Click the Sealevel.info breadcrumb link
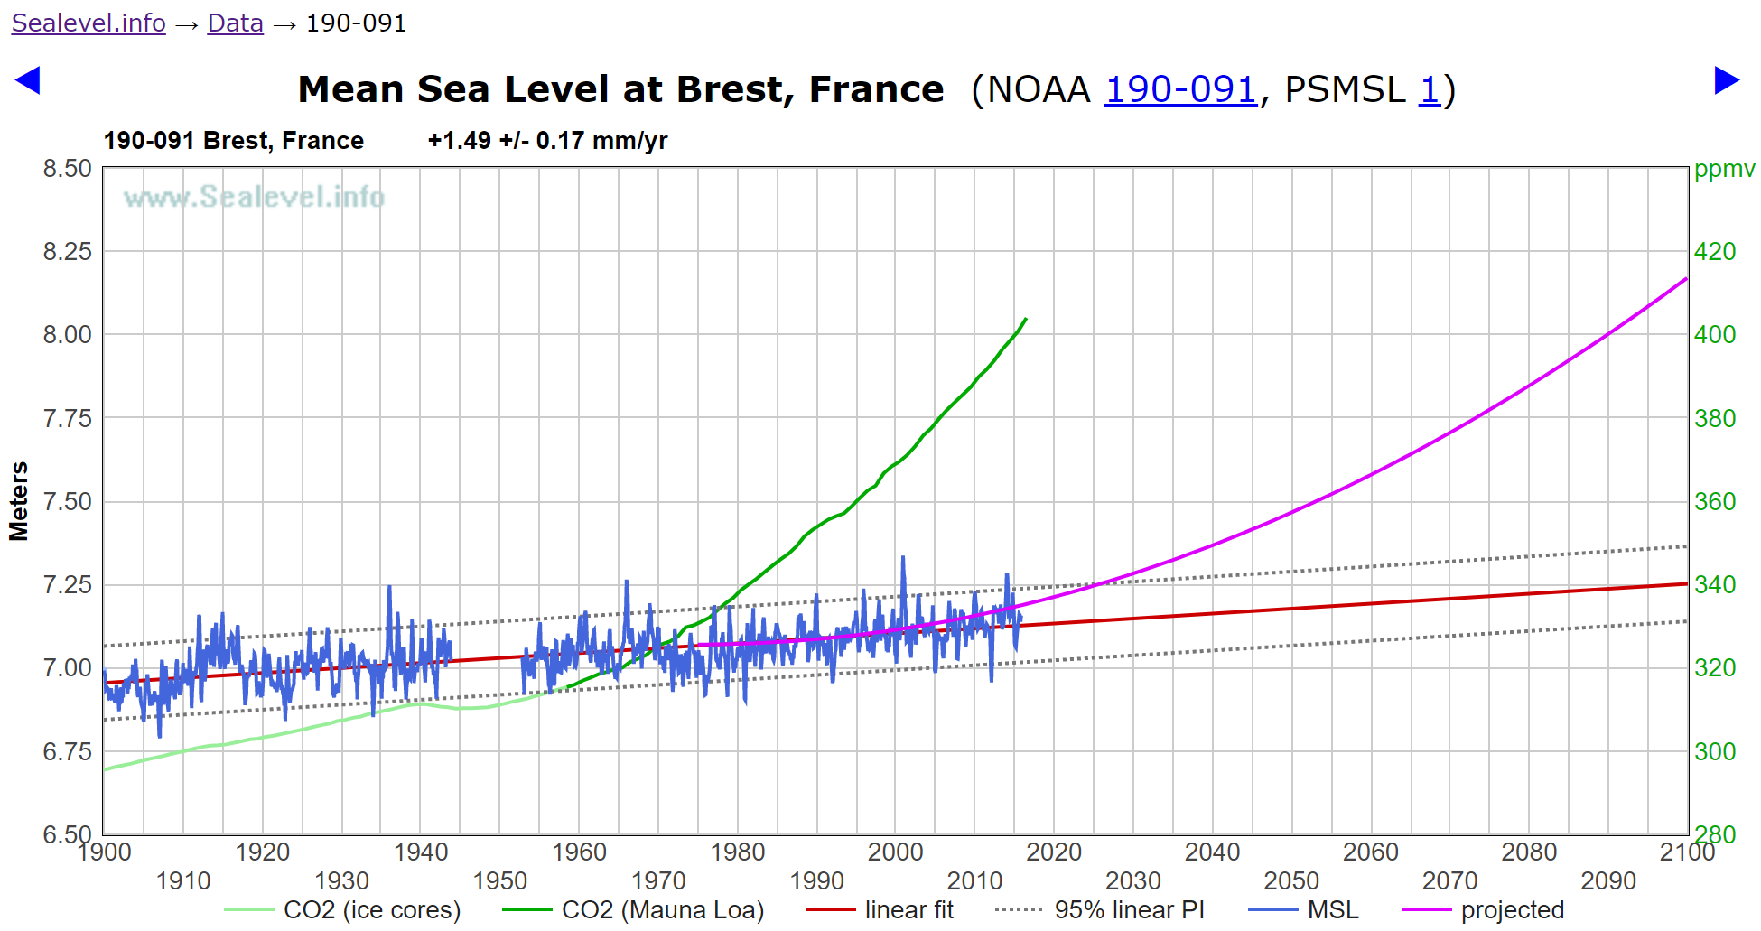(x=89, y=23)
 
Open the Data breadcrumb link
(x=235, y=23)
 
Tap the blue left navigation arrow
(x=28, y=80)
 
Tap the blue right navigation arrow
(x=1727, y=80)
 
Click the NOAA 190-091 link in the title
(x=1179, y=89)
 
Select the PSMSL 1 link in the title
(x=1429, y=89)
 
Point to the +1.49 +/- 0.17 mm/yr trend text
(x=547, y=141)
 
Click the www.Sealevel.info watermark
(x=254, y=197)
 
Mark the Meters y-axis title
(x=19, y=501)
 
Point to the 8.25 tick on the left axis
(x=68, y=251)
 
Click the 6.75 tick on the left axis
(x=68, y=751)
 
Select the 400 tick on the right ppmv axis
(x=1714, y=334)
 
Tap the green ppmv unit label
(x=1724, y=169)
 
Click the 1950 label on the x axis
(x=499, y=880)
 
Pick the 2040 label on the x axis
(x=1212, y=852)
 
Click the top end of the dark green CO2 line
(x=1026, y=319)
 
